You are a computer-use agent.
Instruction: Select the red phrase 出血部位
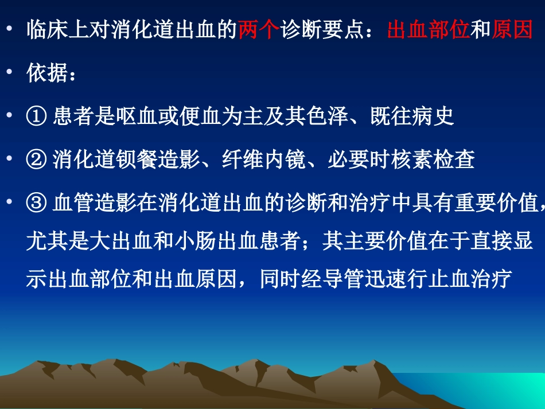point(429,30)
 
